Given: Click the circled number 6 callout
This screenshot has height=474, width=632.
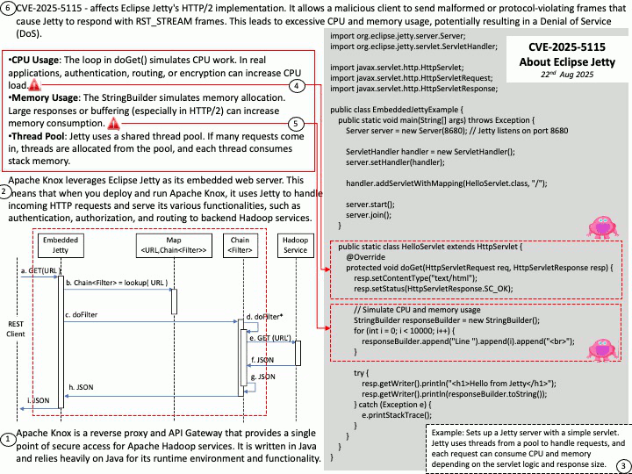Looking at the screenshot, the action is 8,9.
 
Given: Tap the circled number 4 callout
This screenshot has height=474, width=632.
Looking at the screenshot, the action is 297,85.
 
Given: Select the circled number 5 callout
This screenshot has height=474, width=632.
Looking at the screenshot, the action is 296,124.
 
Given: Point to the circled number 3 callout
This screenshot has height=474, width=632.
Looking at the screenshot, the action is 623,465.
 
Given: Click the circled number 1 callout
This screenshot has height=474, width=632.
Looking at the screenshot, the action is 8,440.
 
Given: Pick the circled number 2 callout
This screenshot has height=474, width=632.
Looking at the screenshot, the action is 5,192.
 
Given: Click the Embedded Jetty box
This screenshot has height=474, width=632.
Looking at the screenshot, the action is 61,245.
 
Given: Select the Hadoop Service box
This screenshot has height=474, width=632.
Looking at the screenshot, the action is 296,245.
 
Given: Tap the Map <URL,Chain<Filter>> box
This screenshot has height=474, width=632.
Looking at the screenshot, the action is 174,245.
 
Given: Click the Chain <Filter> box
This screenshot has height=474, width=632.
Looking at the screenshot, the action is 241,245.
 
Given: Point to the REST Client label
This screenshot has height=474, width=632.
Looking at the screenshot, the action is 16,329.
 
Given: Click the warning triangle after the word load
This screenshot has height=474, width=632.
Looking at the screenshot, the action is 34,85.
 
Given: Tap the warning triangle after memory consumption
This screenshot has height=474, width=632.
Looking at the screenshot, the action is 113,124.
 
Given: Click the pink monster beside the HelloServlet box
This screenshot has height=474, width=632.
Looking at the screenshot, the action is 602,227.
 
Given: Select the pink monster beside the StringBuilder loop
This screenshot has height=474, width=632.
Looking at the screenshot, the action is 602,349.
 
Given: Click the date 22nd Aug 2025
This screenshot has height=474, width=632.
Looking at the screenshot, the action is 567,74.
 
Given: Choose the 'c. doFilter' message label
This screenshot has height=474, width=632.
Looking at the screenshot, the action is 81,315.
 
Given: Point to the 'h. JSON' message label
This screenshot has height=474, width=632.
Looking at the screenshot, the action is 81,387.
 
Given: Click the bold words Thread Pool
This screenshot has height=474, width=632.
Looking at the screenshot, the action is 38,136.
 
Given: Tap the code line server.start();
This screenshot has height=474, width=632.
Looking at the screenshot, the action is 370,205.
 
